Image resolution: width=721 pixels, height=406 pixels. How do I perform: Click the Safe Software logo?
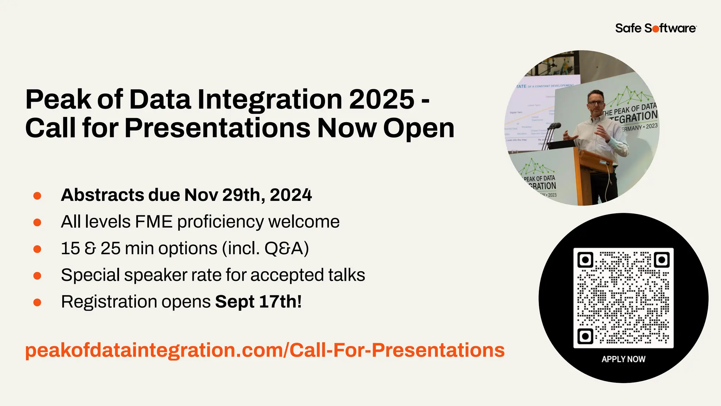(x=656, y=28)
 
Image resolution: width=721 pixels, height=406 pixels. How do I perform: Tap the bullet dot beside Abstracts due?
(x=37, y=196)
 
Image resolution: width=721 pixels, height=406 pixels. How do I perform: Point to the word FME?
(x=154, y=222)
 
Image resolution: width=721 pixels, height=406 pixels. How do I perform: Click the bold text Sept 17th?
(x=258, y=302)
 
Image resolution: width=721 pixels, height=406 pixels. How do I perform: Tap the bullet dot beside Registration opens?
(x=37, y=302)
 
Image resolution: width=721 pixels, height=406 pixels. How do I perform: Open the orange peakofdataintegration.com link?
(x=265, y=350)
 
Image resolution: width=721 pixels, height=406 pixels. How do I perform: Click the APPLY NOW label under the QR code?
(x=623, y=359)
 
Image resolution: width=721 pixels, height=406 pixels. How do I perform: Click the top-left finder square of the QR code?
(x=585, y=260)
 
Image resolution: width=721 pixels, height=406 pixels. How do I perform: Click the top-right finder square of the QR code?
(x=662, y=260)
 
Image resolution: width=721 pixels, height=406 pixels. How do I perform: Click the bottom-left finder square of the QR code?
(x=585, y=336)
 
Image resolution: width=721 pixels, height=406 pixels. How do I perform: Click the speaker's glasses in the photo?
(x=596, y=103)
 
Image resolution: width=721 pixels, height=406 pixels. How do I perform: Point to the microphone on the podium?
(x=556, y=126)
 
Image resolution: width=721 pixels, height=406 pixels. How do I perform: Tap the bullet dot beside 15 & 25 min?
(x=37, y=249)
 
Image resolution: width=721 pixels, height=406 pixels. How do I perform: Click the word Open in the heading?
(x=419, y=128)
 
